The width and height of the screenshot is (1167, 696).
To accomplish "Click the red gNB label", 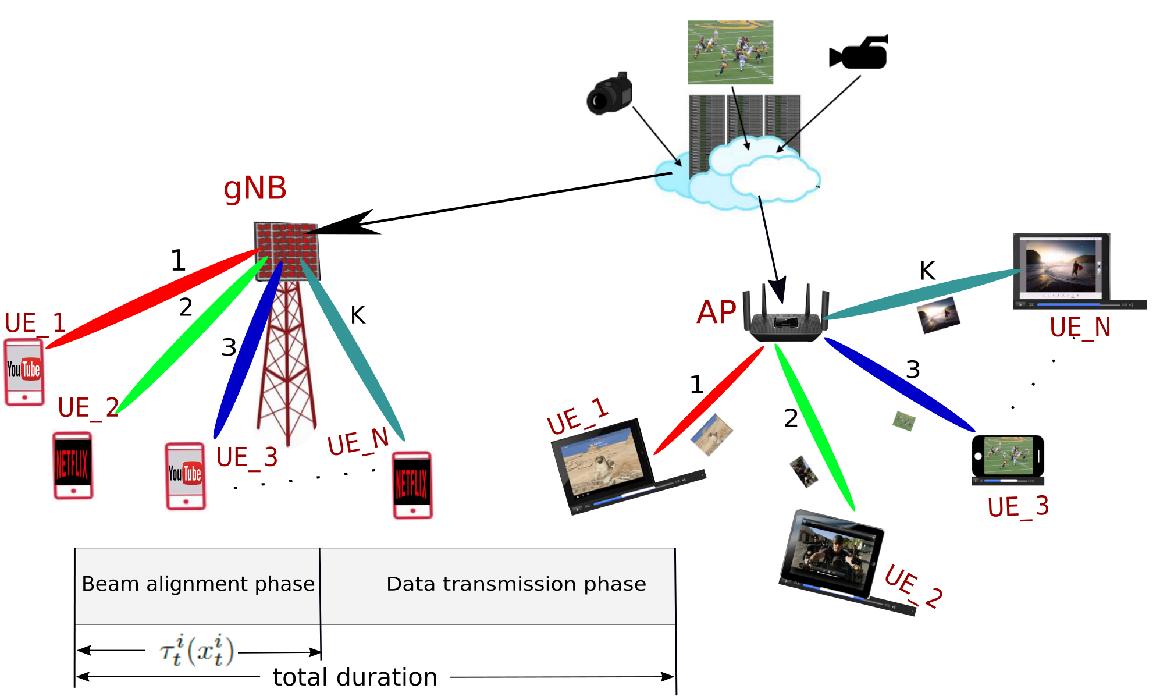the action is coord(255,189).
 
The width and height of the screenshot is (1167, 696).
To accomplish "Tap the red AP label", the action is coord(716,313).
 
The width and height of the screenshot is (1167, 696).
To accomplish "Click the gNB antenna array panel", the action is coord(287,251).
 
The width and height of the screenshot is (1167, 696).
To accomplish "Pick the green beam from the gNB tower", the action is coord(192,335).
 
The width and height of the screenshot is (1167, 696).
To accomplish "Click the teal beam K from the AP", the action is coord(921,294).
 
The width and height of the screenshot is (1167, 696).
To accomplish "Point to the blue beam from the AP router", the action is coord(899,384).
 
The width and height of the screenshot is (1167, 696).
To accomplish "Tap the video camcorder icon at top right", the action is coord(859,52).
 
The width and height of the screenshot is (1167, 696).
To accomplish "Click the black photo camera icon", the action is coord(609,94).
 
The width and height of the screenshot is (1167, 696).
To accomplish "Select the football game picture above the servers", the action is coord(730,52).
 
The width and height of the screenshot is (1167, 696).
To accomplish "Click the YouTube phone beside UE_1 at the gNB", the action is coord(24,372).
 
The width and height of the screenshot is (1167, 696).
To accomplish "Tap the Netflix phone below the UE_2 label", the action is coord(73,466).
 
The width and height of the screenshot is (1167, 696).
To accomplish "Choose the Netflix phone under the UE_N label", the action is coord(412,485).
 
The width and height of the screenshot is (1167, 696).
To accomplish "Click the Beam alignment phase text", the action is coord(198,584).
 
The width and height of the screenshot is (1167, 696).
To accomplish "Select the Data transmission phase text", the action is coord(516,584).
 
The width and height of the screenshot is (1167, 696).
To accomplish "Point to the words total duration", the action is coord(355,677).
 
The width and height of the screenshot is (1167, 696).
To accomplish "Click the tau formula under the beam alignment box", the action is coord(197,651).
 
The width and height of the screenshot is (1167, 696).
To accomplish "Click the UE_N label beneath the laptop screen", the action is coord(1080,328).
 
